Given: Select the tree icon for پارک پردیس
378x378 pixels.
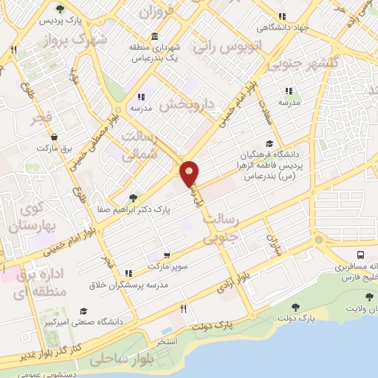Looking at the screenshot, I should [60, 10].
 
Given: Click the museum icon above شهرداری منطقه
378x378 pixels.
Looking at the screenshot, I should [154, 37].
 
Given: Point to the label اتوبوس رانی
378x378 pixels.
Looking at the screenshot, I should [221, 47].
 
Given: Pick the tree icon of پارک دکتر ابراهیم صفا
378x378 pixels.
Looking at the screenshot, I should [133, 198].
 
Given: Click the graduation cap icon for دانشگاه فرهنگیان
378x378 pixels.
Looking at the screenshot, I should [269, 144].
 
